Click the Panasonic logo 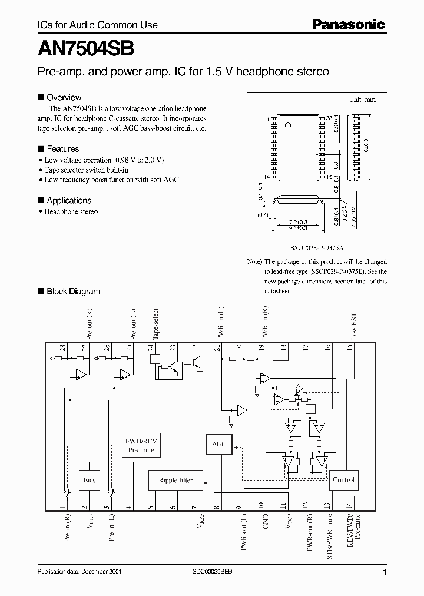tap(347, 24)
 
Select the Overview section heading tap(64, 97)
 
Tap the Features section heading tap(62, 149)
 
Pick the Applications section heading tap(69, 200)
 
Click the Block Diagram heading tap(73, 291)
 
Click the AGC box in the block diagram tap(218, 443)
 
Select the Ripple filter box tap(175, 480)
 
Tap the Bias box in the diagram tap(90, 480)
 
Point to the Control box tap(343, 479)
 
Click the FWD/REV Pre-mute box tap(140, 445)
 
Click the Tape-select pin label tap(155, 323)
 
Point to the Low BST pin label tap(355, 326)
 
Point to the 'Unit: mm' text tap(362, 100)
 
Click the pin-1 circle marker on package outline tap(288, 125)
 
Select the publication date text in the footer tap(79, 572)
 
